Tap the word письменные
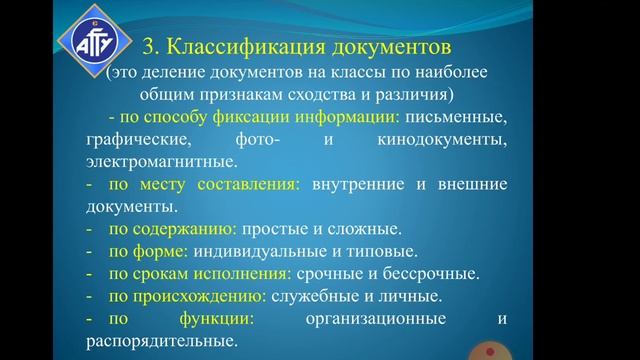pos(457,117)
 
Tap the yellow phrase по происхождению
pos(187,296)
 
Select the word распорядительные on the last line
pos(161,341)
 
